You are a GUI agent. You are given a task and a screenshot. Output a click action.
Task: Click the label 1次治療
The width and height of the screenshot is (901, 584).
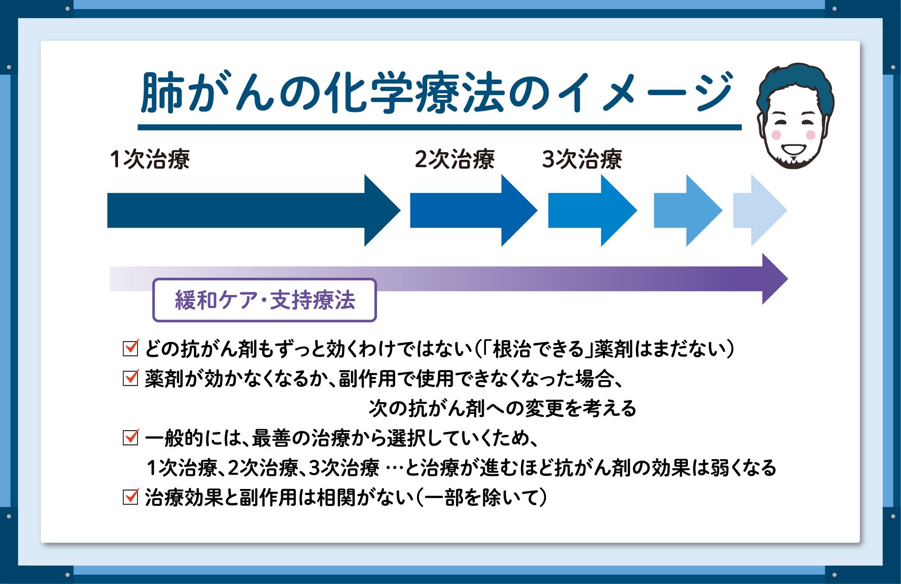[150, 159]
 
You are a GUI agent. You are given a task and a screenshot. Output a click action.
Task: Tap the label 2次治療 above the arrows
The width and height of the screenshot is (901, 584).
[454, 159]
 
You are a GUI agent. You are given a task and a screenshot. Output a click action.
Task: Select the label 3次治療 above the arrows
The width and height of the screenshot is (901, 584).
[582, 159]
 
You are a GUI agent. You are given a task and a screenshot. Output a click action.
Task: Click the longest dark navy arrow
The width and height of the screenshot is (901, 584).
[254, 210]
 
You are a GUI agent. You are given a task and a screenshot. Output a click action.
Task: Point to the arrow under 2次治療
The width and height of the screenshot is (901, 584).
[474, 210]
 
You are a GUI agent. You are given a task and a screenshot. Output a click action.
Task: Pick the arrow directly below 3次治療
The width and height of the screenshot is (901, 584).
[593, 210]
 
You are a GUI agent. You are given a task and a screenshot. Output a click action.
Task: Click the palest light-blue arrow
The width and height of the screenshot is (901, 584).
[760, 210]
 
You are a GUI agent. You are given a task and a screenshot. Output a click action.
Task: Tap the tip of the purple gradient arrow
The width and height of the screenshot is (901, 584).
[787, 279]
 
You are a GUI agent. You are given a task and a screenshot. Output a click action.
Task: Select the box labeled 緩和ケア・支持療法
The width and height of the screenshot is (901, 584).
[265, 300]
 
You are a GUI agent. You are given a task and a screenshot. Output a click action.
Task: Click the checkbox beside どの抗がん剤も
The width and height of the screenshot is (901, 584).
[131, 348]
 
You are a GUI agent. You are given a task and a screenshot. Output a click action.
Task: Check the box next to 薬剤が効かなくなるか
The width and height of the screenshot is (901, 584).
[131, 378]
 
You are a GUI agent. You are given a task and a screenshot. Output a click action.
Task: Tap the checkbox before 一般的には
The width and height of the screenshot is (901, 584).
[131, 437]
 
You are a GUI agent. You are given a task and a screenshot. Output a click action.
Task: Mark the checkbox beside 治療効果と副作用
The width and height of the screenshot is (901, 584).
[131, 497]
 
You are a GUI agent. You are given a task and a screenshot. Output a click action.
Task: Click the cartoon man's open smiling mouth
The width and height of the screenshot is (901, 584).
[794, 150]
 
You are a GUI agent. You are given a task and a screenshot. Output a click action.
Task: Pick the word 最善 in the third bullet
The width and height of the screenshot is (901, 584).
[272, 438]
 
